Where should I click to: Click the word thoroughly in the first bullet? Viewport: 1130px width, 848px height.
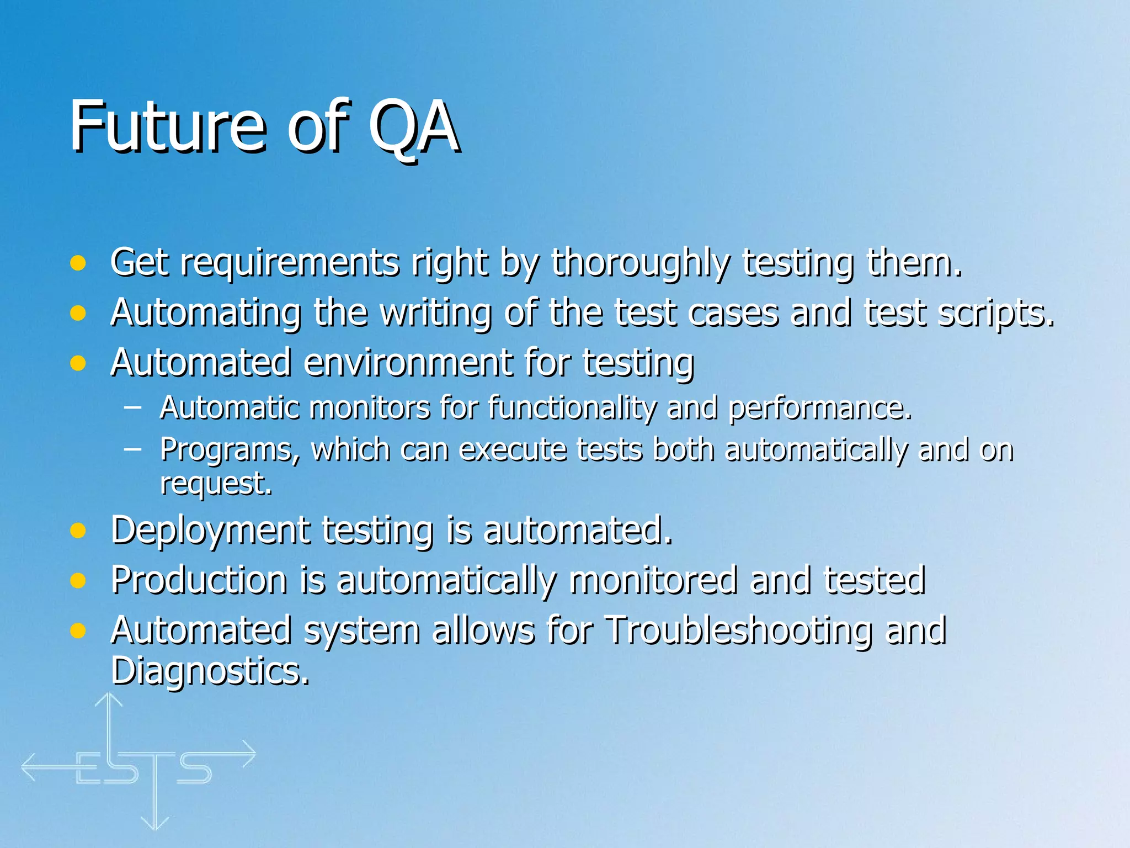pyautogui.click(x=640, y=263)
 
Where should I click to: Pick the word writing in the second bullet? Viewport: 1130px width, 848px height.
pyautogui.click(x=436, y=314)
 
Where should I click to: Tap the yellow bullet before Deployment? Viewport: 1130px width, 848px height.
pyautogui.click(x=78, y=531)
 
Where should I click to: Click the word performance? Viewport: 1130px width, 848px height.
pyautogui.click(x=820, y=409)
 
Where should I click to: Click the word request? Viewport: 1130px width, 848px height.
pyautogui.click(x=216, y=484)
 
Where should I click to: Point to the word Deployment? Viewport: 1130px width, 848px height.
pyautogui.click(x=210, y=531)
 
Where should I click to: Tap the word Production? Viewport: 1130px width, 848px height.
pyautogui.click(x=199, y=580)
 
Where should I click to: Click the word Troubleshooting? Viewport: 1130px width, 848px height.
pyautogui.click(x=739, y=630)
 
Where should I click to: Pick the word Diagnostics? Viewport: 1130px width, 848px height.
pyautogui.click(x=210, y=671)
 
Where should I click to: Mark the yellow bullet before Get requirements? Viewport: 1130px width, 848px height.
pyautogui.click(x=78, y=263)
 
